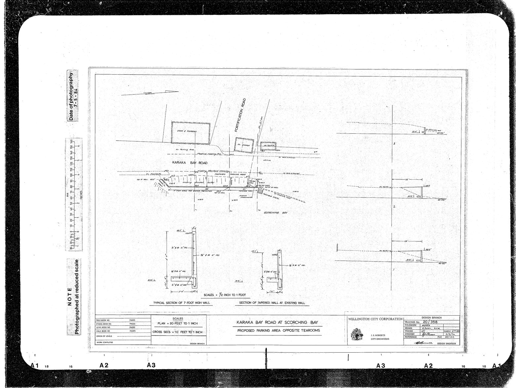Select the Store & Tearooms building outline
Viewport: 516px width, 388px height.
coord(190,132)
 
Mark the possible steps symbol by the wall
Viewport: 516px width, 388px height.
coord(260,191)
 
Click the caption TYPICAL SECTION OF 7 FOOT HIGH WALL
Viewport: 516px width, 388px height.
coord(181,303)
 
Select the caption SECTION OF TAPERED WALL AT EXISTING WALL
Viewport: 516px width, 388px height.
coord(272,303)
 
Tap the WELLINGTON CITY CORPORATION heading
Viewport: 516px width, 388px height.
coord(375,319)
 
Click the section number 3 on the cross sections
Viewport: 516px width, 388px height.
coord(394,144)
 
